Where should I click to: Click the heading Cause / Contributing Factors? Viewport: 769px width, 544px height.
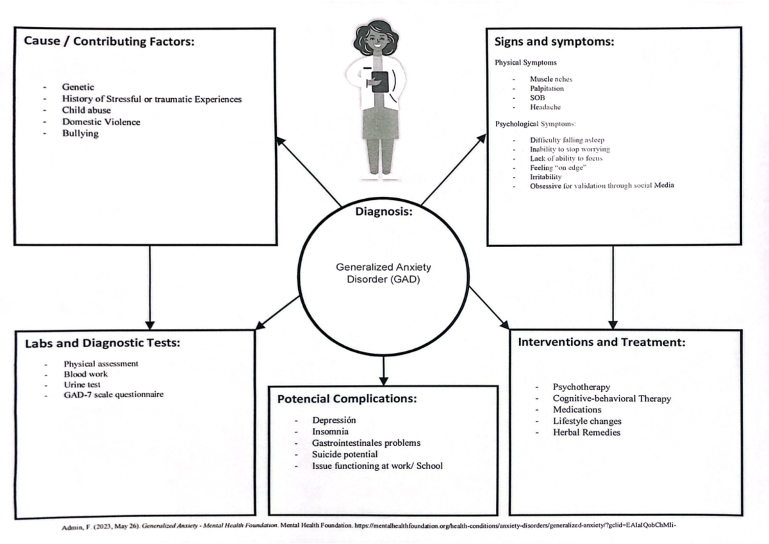pyautogui.click(x=108, y=42)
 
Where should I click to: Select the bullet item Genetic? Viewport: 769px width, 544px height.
pyautogui.click(x=78, y=87)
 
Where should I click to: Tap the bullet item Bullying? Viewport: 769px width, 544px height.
pyautogui.click(x=80, y=133)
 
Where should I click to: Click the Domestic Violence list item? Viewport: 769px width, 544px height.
pyautogui.click(x=101, y=122)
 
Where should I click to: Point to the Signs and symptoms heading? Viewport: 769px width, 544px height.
pyautogui.click(x=554, y=42)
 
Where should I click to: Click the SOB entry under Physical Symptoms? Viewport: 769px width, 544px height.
pyautogui.click(x=537, y=98)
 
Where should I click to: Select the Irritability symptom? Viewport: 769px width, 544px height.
pyautogui.click(x=545, y=176)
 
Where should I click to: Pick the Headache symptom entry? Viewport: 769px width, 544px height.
pyautogui.click(x=545, y=107)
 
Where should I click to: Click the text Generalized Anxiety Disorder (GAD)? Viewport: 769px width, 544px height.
pyautogui.click(x=383, y=273)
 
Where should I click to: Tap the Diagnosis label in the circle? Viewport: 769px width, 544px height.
pyautogui.click(x=384, y=212)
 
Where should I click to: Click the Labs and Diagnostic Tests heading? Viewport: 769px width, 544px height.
pyautogui.click(x=103, y=343)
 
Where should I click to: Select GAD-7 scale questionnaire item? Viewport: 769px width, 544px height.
pyautogui.click(x=113, y=395)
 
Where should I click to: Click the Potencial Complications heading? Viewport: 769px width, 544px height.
pyautogui.click(x=347, y=399)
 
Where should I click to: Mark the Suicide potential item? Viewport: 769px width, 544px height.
pyautogui.click(x=345, y=454)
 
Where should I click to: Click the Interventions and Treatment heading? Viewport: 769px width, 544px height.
pyautogui.click(x=601, y=342)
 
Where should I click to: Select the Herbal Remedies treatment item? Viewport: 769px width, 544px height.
pyautogui.click(x=586, y=432)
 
